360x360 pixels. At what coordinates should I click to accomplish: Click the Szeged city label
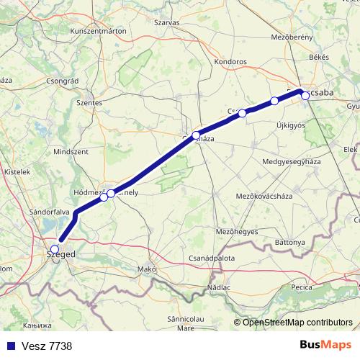[x=60, y=254]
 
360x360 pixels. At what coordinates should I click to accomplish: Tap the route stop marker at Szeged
[x=55, y=249]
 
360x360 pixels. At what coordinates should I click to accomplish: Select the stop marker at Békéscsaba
[x=305, y=95]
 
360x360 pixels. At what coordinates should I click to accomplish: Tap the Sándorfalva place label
[x=49, y=213]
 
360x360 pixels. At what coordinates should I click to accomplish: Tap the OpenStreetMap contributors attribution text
[x=297, y=322]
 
